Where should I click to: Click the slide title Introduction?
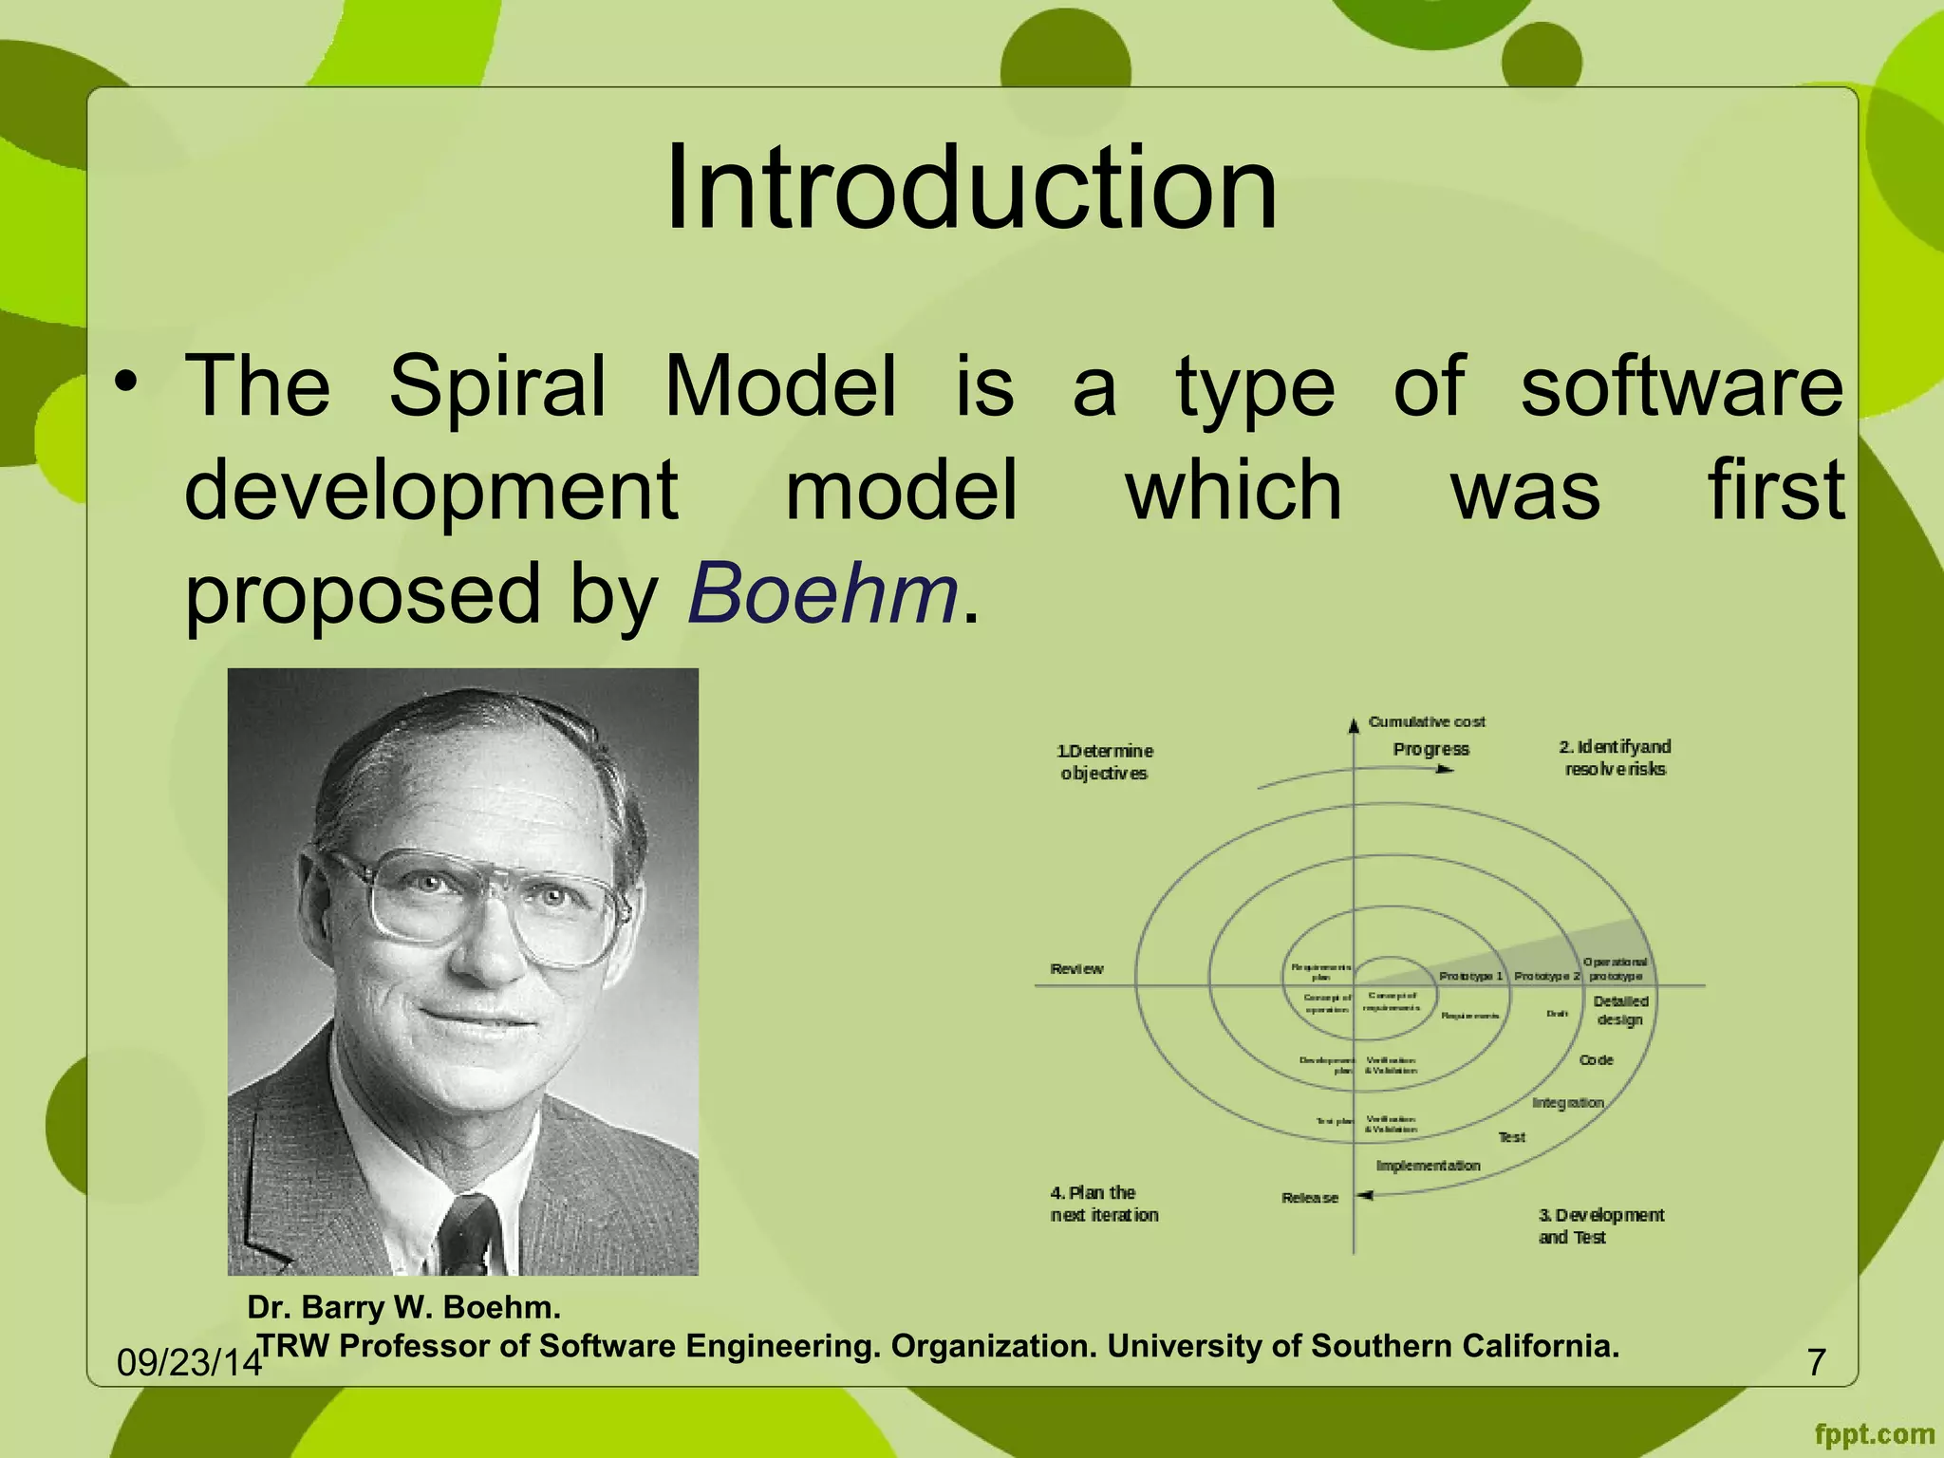click(970, 187)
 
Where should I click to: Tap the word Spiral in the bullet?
click(497, 386)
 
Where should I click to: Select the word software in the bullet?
click(1681, 386)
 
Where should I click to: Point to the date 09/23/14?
click(188, 1363)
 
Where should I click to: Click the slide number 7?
click(1816, 1362)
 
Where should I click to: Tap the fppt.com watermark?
click(1874, 1434)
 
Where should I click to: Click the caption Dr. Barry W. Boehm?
click(403, 1307)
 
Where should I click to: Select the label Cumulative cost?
click(1426, 722)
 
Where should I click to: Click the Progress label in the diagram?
click(1430, 749)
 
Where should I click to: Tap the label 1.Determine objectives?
click(1104, 762)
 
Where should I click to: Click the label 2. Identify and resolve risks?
click(1615, 757)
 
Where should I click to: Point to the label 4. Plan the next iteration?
click(1103, 1204)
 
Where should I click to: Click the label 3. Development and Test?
click(1600, 1225)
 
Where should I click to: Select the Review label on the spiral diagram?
click(1076, 969)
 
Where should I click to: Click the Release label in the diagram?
click(1309, 1198)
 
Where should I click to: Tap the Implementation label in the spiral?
click(1428, 1166)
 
